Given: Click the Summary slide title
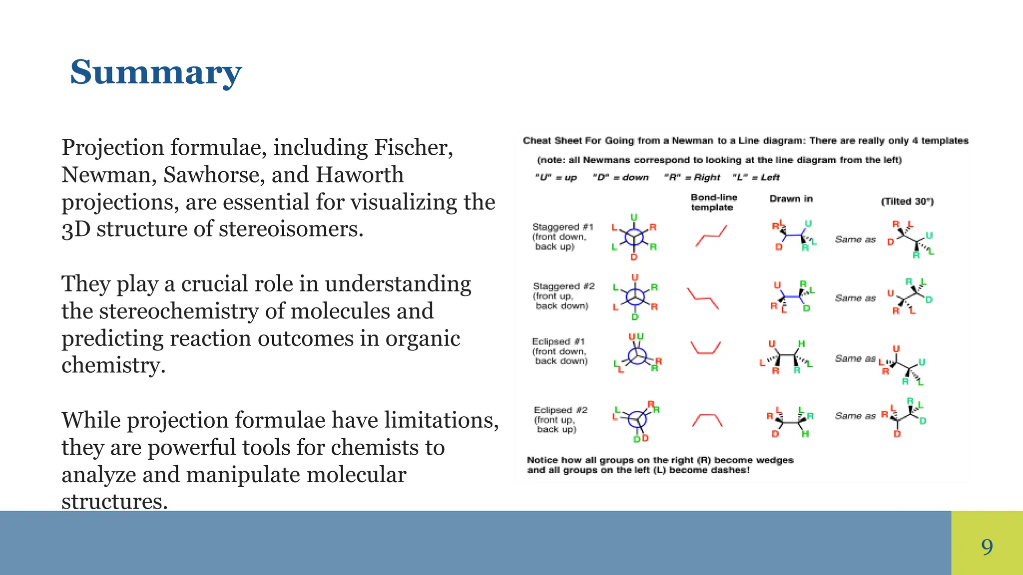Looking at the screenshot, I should [156, 73].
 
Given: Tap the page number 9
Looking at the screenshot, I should [987, 547].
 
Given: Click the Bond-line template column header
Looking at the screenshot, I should [713, 202].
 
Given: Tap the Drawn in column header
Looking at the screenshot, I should [791, 199].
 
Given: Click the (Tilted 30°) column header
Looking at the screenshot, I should [907, 202].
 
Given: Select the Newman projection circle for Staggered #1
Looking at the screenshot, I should [634, 237].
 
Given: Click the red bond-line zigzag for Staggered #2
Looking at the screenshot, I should [702, 298].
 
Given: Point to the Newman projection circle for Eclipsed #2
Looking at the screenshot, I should [637, 419].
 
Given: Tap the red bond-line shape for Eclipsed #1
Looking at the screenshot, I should [705, 347].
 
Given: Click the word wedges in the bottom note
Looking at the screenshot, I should [774, 460].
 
